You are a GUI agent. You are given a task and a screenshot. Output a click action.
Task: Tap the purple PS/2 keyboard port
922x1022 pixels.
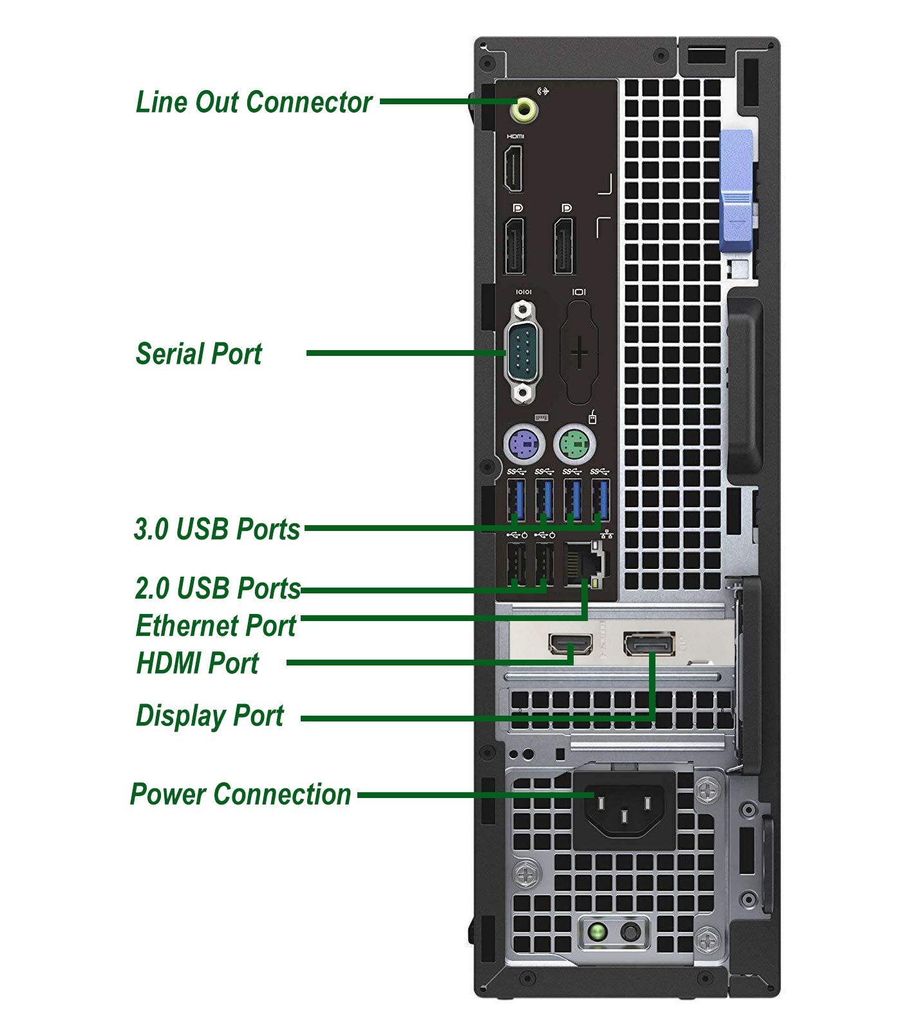520,444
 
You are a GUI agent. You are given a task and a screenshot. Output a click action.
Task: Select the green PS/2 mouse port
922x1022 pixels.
574,444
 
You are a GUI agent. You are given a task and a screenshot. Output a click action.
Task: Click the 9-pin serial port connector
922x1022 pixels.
525,353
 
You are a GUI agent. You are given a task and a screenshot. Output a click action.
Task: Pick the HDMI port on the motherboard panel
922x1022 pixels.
514,169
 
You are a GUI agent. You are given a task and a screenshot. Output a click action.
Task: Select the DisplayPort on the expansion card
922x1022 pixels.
649,644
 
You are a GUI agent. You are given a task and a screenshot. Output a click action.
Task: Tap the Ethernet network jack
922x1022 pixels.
583,564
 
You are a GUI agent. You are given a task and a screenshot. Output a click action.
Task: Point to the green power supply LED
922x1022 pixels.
598,931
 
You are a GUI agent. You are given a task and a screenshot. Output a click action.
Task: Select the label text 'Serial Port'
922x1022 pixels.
198,354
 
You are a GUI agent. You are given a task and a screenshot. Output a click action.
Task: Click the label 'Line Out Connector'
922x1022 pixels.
254,102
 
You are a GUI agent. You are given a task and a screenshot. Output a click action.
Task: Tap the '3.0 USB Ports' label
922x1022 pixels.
217,529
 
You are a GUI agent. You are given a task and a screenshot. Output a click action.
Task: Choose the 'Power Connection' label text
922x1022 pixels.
241,794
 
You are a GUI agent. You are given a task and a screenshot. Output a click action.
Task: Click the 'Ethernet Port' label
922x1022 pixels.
216,626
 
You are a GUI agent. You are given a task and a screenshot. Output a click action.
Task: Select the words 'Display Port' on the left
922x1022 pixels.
210,716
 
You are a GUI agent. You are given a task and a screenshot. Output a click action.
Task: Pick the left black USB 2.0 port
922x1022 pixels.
516,564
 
